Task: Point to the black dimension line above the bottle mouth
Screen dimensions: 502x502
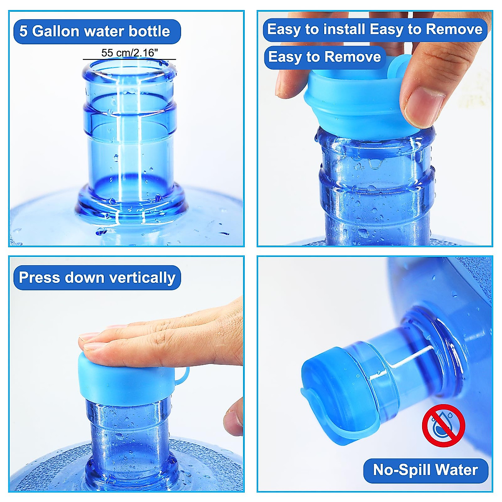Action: point(129,59)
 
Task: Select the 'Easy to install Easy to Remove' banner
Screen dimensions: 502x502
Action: point(375,29)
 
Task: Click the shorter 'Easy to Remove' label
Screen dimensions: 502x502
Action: point(325,57)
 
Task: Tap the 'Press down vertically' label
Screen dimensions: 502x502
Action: point(97,278)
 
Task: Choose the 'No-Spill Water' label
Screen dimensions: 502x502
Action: point(425,470)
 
